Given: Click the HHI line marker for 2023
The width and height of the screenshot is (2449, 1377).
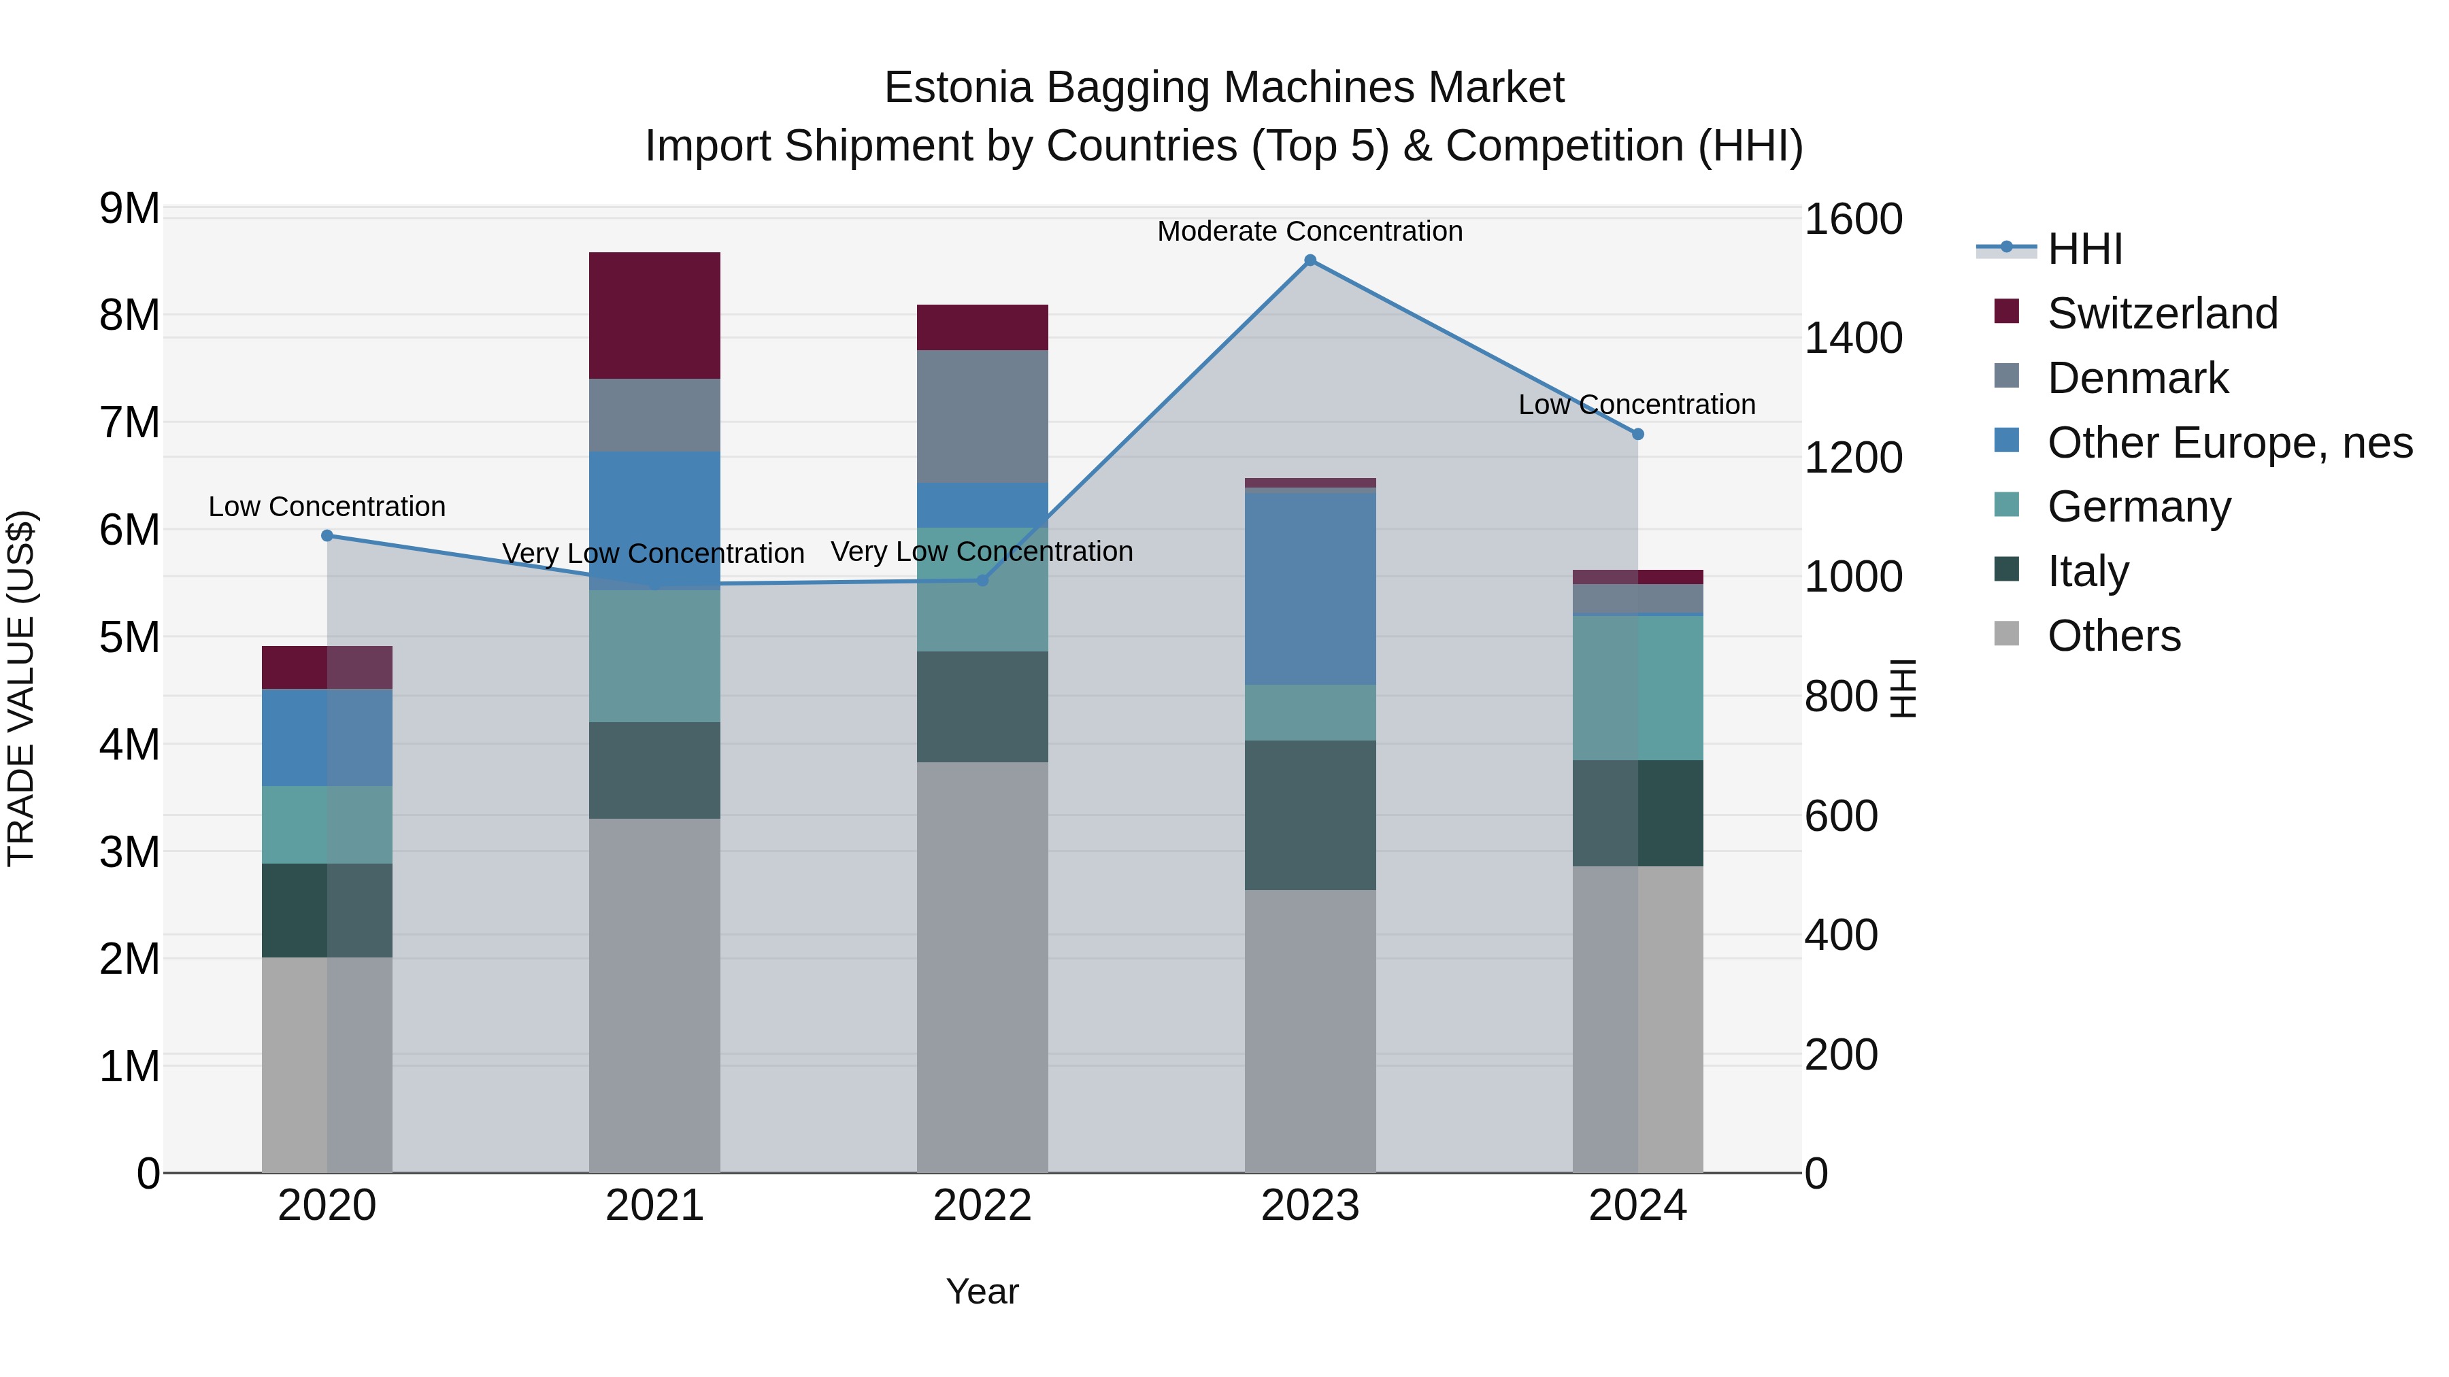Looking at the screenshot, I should coord(1310,260).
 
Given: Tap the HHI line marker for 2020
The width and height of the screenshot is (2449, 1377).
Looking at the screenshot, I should coord(327,536).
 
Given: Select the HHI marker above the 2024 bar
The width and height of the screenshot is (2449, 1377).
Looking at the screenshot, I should coord(1638,435).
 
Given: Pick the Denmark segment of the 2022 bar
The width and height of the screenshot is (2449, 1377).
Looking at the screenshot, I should coord(982,416).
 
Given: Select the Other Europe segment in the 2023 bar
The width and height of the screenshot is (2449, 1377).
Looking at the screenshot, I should coord(1310,588).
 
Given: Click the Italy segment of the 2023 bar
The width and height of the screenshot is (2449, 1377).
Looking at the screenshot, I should coord(1310,815).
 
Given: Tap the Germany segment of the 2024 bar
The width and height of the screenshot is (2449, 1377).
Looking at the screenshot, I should coord(1638,688).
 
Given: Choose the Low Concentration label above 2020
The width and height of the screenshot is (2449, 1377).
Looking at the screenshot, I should coord(327,507).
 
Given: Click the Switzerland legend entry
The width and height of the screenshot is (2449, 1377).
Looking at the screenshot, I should coord(2163,313).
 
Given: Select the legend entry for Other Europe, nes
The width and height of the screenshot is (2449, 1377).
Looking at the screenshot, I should coord(2229,443).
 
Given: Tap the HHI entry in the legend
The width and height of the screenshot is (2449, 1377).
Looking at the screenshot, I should coord(2085,249).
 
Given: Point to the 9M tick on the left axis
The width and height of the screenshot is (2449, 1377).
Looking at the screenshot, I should coord(129,209).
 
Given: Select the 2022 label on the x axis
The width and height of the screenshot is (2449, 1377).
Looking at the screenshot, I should coord(982,1206).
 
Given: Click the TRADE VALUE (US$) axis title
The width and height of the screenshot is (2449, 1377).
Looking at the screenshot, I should coord(22,688).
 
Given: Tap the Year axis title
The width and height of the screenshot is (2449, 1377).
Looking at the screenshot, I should coord(982,1291).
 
